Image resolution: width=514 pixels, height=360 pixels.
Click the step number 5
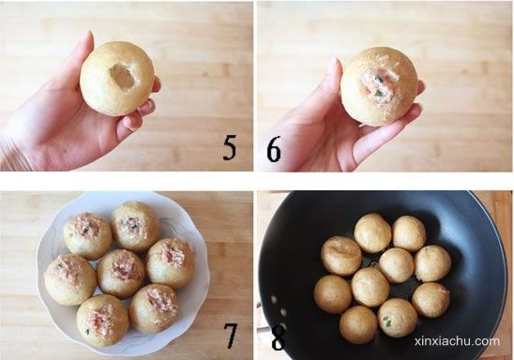click(230, 148)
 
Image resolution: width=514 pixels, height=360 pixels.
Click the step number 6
click(274, 149)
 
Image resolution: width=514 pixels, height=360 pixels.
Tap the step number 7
click(231, 336)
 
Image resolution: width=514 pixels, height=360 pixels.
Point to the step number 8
click(278, 338)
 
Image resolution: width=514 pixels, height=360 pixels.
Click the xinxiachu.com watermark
click(457, 341)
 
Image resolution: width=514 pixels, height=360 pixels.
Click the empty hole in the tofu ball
click(122, 76)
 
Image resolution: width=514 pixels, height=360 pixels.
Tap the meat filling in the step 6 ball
click(380, 83)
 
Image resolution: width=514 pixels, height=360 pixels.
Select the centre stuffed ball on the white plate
click(121, 274)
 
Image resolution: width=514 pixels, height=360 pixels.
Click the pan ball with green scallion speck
click(398, 318)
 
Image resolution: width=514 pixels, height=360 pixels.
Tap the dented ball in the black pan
click(341, 256)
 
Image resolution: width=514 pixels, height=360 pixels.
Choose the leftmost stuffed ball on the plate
click(70, 279)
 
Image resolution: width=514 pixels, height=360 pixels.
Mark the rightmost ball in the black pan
click(431, 300)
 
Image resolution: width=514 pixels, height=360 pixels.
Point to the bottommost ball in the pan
click(358, 324)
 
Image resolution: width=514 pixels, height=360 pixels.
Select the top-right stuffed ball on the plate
click(171, 263)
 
